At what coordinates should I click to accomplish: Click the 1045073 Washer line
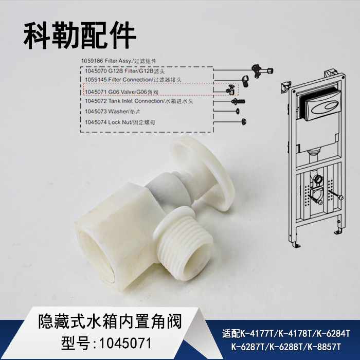click(111, 111)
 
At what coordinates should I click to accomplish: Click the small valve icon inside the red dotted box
click(231, 91)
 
